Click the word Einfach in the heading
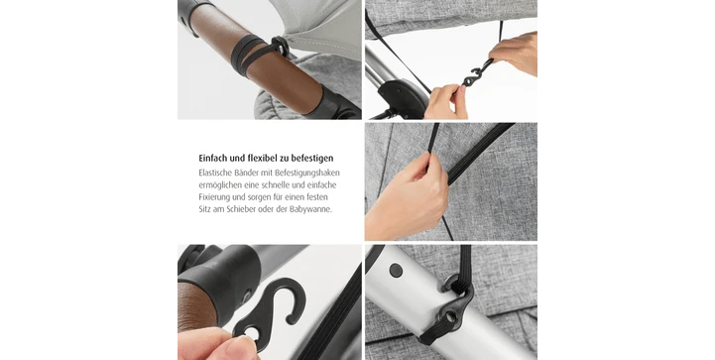(213, 158)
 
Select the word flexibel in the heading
(262, 158)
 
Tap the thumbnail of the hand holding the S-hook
(270, 302)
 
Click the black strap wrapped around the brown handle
(258, 55)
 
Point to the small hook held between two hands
(477, 73)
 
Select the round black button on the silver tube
(396, 270)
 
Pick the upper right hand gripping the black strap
(515, 53)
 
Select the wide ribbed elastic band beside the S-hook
(333, 314)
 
